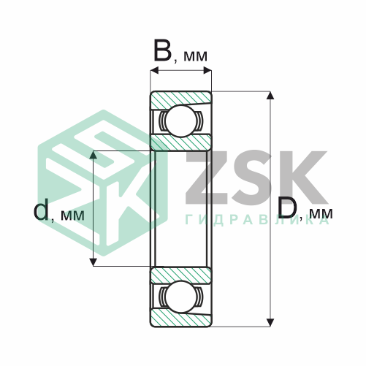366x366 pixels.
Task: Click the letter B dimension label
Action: [162, 50]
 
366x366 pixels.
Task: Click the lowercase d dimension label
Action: [41, 210]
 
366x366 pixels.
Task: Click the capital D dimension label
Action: [288, 207]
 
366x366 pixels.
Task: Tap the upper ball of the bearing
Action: [181, 121]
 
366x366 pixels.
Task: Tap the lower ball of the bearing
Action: [181, 297]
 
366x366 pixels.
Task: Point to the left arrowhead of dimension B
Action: [155, 71]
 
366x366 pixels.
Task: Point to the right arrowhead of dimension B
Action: [207, 71]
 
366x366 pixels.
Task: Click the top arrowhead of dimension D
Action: [270, 95]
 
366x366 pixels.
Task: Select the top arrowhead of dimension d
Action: [94, 155]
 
